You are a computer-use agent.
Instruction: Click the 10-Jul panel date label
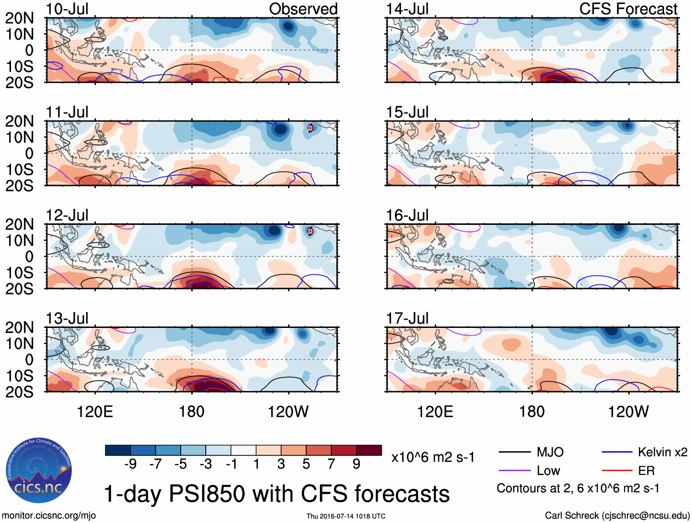[67, 9]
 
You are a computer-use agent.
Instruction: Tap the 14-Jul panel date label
[407, 9]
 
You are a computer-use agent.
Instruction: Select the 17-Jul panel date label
[407, 318]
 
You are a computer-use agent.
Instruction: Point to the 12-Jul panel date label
[67, 215]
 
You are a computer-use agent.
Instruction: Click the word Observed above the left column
[303, 9]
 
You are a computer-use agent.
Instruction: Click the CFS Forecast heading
[628, 9]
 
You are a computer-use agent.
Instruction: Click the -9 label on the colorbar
[130, 464]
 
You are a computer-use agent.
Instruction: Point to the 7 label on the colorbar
[331, 464]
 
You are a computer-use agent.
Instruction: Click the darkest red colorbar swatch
[369, 450]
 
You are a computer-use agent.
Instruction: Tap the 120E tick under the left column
[95, 412]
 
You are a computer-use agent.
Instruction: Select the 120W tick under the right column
[628, 412]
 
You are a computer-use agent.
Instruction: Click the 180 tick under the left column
[192, 412]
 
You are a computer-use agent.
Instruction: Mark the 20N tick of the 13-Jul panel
[19, 328]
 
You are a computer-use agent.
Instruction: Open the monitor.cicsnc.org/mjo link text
[49, 516]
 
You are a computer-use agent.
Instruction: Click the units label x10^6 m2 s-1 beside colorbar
[433, 457]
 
